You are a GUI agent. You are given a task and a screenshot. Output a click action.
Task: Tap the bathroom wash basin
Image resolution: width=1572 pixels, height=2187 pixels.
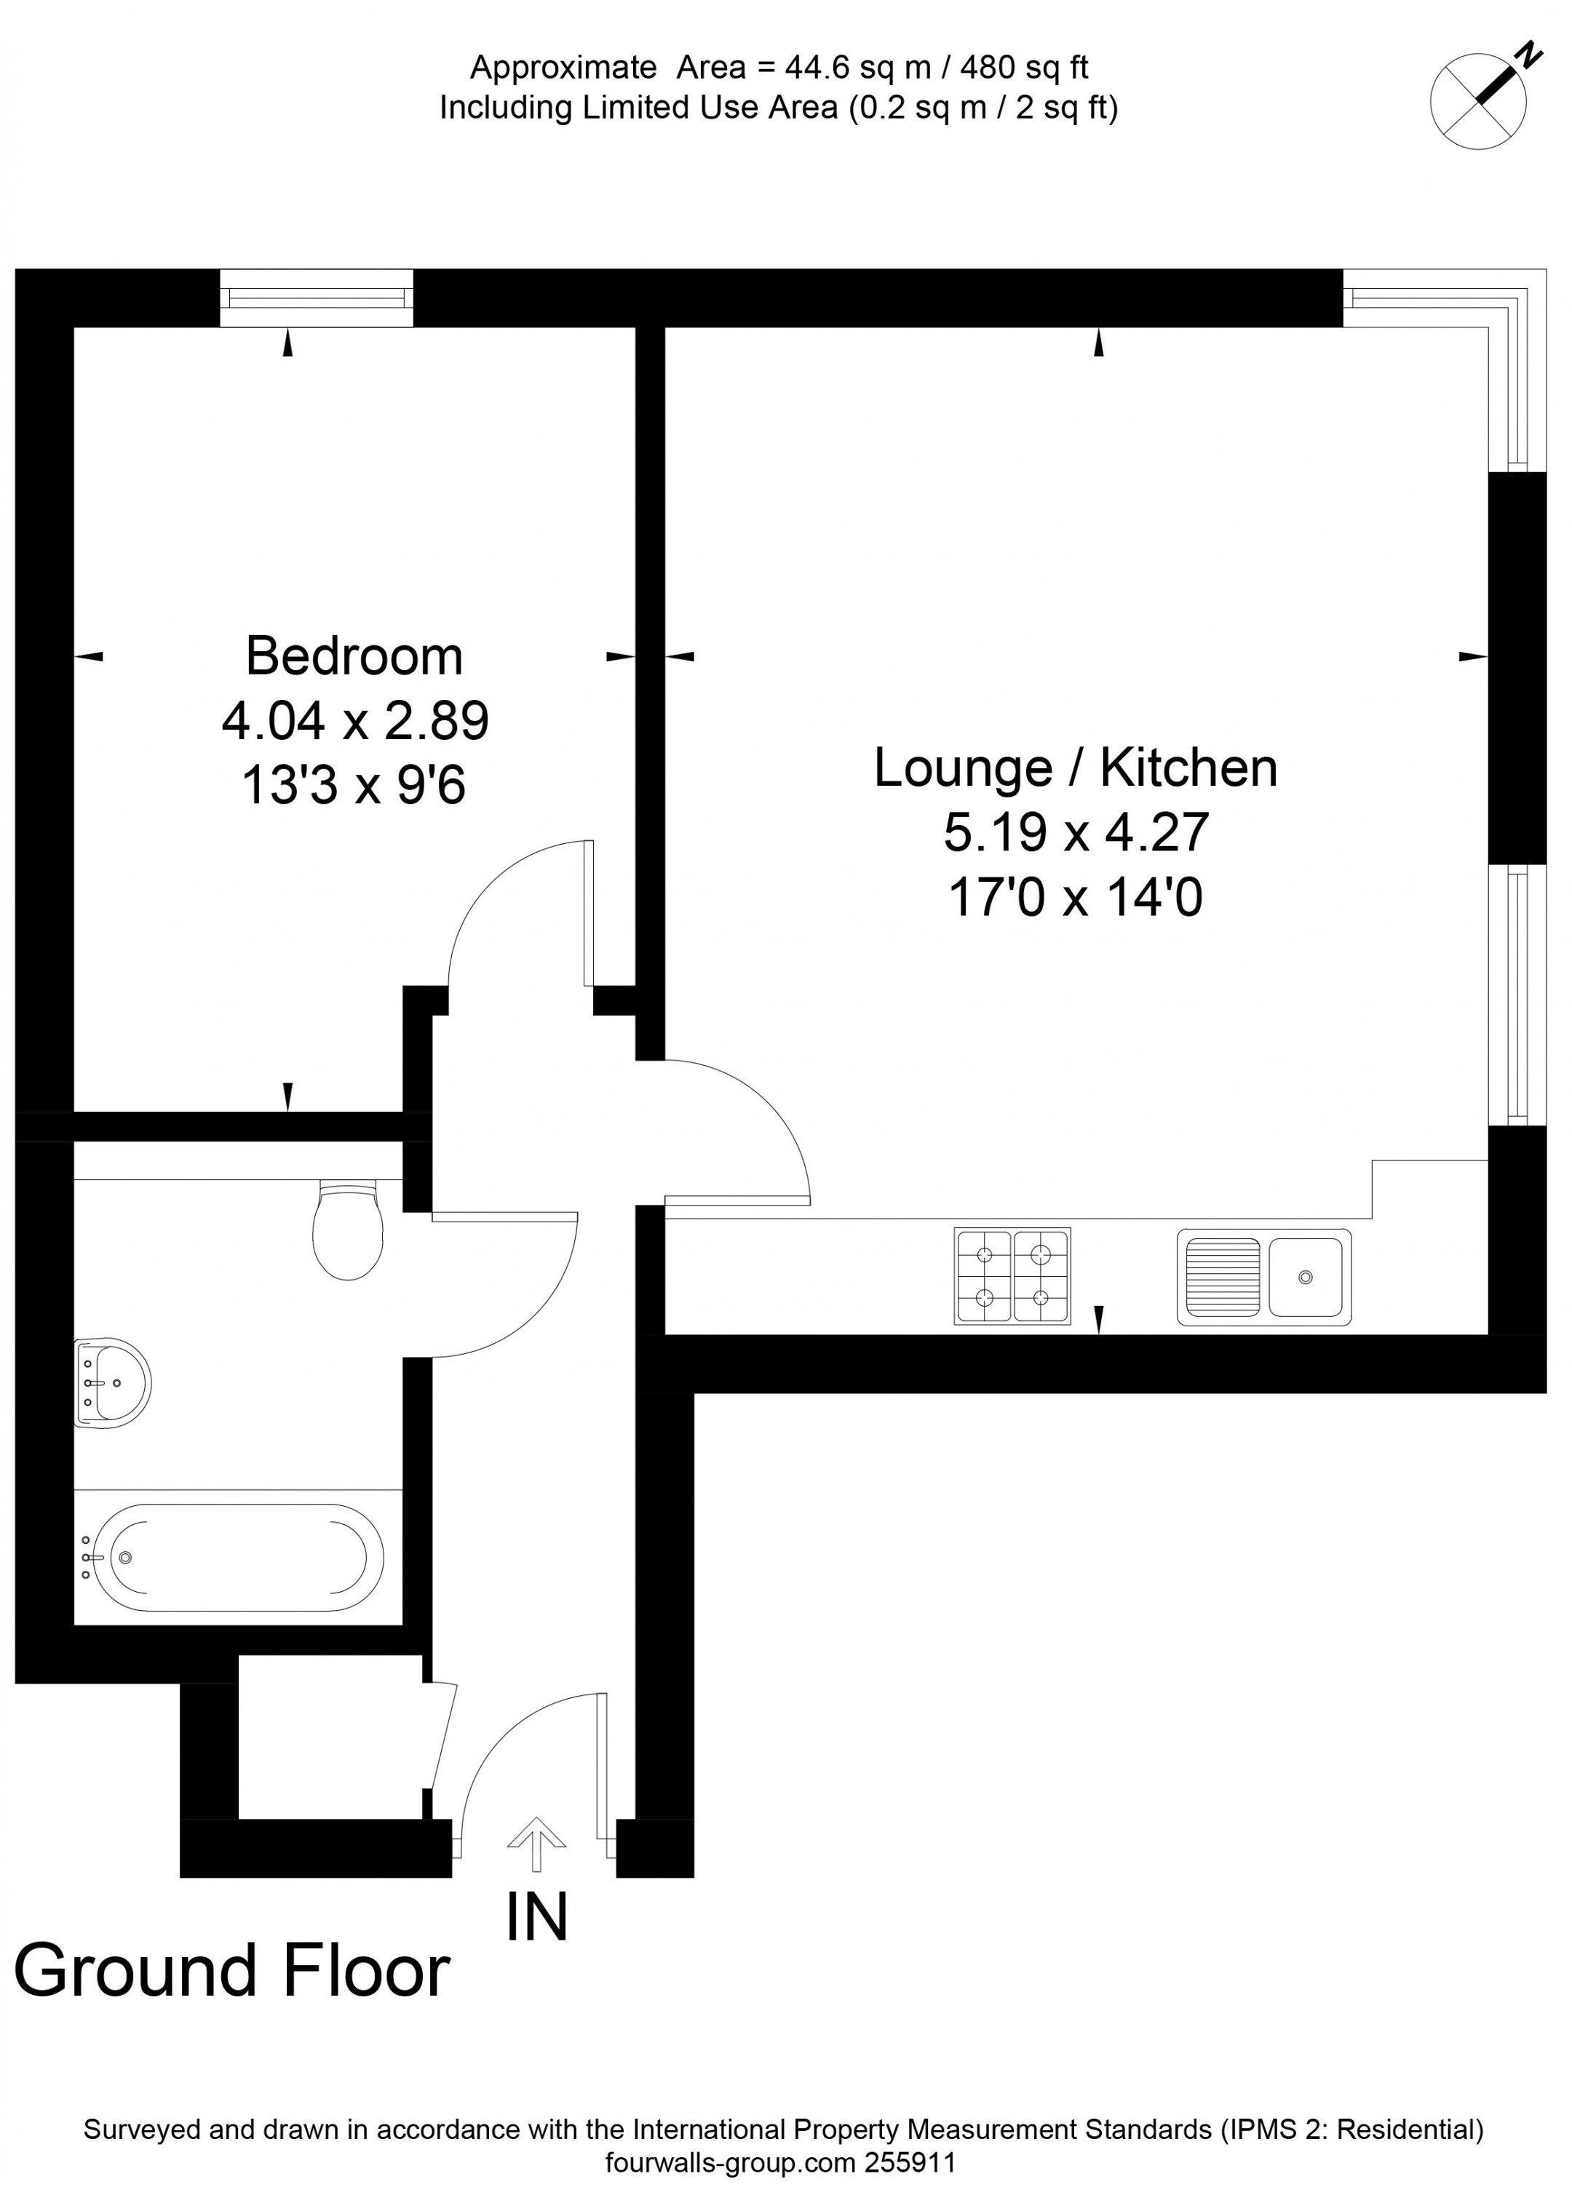(111, 1382)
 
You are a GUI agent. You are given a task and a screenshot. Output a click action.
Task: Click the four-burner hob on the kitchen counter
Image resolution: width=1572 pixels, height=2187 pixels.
(1012, 1275)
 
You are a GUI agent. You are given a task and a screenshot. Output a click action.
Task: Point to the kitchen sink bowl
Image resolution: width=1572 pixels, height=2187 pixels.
(1304, 1277)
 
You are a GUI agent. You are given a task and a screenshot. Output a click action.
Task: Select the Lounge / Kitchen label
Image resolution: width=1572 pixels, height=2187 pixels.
(1076, 768)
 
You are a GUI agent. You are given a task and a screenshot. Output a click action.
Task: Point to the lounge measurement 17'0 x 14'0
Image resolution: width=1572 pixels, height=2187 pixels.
(1076, 898)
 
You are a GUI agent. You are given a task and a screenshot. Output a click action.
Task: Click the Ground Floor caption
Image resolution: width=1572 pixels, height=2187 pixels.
(231, 1971)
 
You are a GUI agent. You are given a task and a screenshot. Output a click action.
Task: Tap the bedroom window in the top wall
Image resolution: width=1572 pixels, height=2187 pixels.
(317, 298)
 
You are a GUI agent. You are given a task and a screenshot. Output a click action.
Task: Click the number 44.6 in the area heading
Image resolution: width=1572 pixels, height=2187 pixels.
(812, 68)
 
